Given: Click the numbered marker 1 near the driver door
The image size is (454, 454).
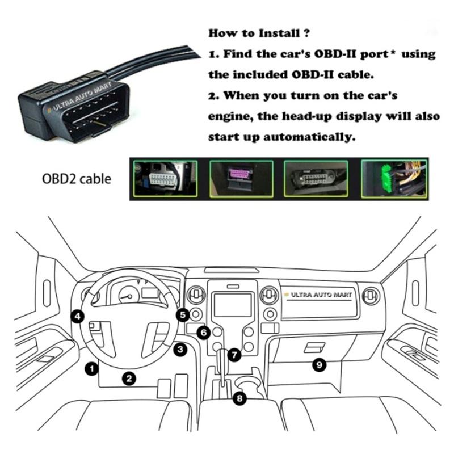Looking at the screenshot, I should (x=89, y=368).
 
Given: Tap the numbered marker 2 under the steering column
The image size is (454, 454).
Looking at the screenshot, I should (x=129, y=377).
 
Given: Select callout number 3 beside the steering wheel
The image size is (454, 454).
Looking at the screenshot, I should (x=180, y=350).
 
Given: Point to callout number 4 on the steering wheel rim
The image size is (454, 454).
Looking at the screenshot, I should (x=78, y=316).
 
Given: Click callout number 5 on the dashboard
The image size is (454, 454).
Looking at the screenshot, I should (x=182, y=313).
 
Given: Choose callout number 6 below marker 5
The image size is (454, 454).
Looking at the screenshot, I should (x=203, y=333).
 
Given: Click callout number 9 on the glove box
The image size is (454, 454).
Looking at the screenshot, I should (x=319, y=365).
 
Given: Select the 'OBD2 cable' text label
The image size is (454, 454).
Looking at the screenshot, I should (x=77, y=179).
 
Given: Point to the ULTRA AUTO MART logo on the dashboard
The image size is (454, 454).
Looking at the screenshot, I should (x=321, y=295).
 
